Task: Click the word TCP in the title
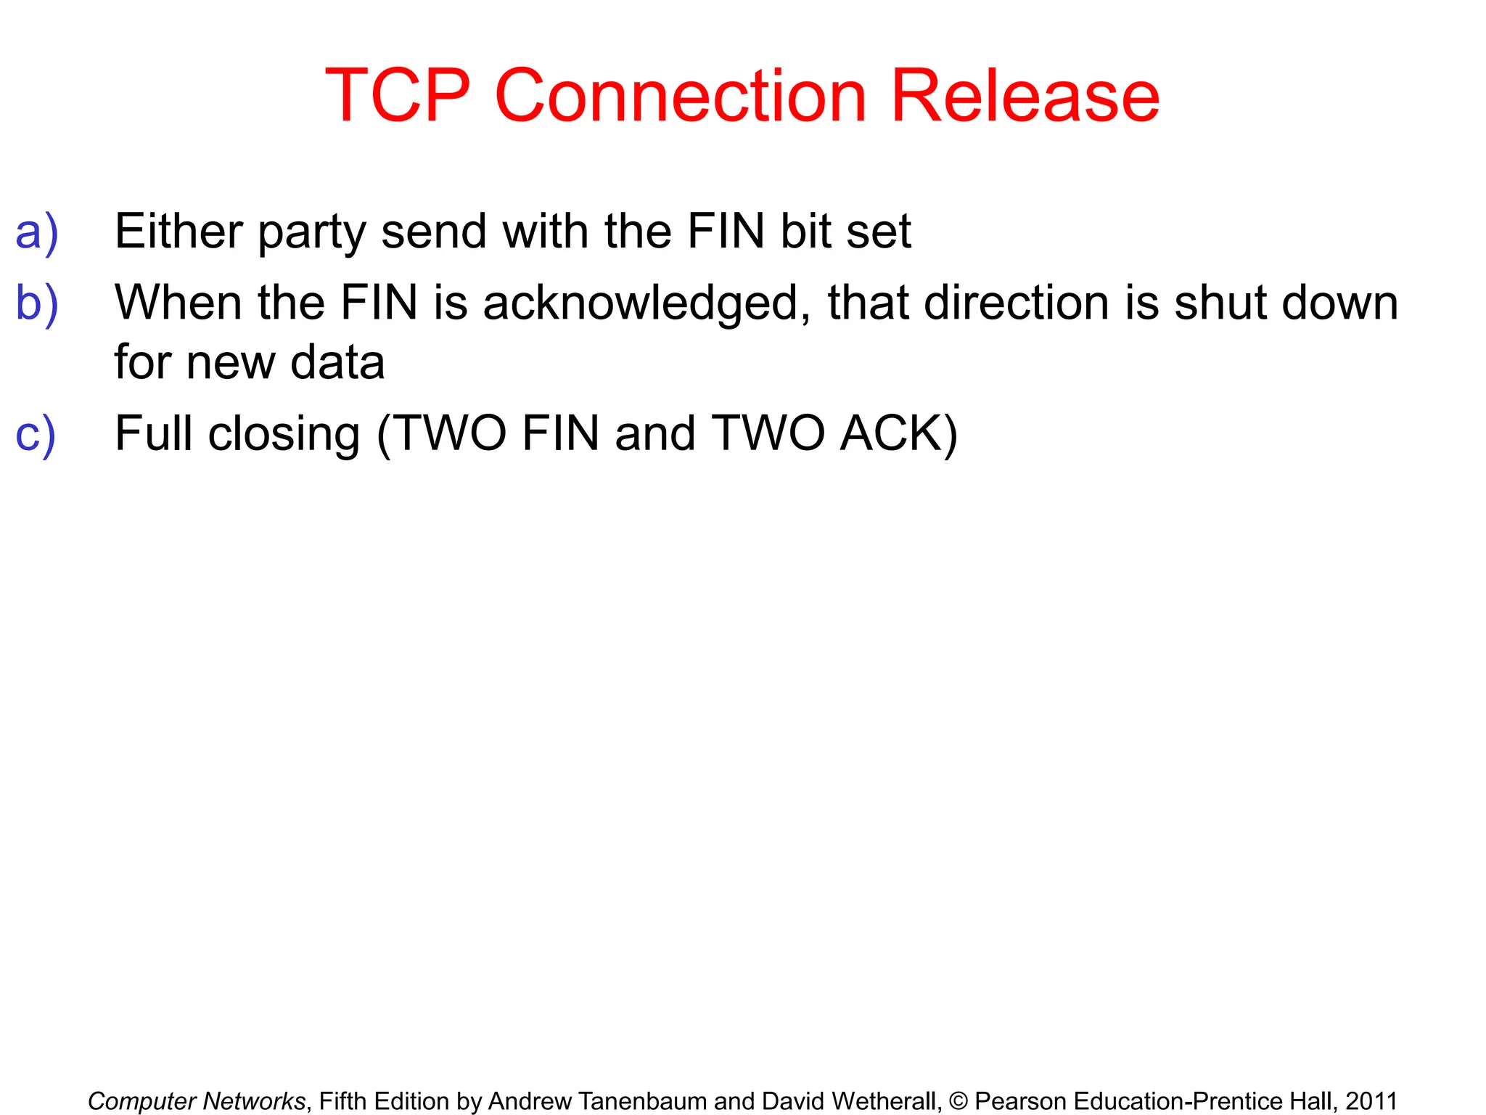(x=398, y=96)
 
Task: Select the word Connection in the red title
(x=681, y=96)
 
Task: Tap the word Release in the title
(x=1025, y=96)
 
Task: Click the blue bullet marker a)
(x=36, y=232)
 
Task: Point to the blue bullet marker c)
(x=36, y=433)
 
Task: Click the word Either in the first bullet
(x=178, y=232)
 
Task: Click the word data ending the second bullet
(x=337, y=362)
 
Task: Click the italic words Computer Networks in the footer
(x=197, y=1101)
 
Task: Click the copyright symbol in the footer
(x=958, y=1101)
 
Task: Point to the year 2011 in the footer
(x=1371, y=1101)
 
